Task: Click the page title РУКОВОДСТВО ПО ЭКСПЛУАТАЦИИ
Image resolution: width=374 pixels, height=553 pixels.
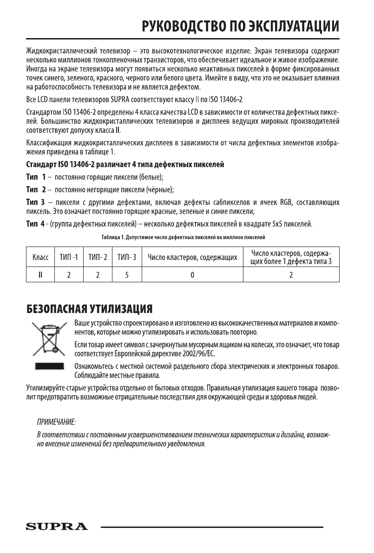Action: click(240, 26)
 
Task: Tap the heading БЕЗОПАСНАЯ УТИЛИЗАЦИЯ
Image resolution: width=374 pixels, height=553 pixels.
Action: click(89, 308)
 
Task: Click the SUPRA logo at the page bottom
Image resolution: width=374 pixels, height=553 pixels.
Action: click(57, 527)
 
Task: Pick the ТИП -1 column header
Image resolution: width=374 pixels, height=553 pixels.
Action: click(69, 257)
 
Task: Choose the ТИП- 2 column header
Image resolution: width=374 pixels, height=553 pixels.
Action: click(98, 257)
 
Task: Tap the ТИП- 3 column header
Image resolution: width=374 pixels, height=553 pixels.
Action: click(126, 257)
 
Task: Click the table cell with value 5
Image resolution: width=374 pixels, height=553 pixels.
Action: click(126, 274)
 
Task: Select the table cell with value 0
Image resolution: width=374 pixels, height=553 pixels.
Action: click(192, 274)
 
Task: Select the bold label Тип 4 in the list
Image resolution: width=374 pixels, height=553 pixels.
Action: click(35, 225)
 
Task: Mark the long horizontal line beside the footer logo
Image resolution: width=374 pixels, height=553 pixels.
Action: click(212, 527)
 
